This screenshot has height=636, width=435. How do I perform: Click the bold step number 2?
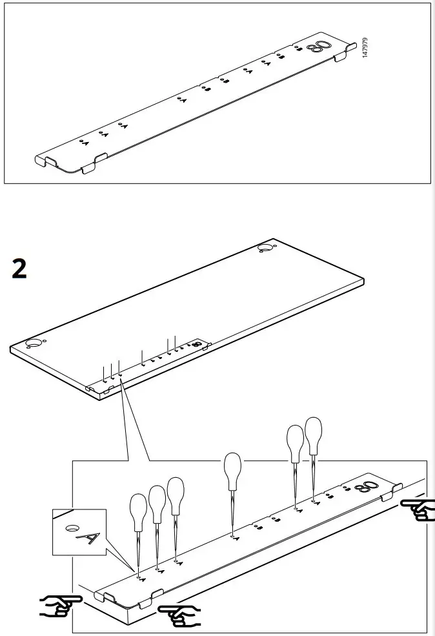coord(20,269)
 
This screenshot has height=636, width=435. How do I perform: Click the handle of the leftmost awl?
coord(139,508)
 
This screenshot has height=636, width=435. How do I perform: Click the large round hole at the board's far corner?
coord(265,248)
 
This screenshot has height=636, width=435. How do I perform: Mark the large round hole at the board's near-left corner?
coord(34,343)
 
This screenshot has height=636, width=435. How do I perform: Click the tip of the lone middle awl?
coord(232,535)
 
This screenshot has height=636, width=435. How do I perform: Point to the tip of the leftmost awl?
coord(139,571)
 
